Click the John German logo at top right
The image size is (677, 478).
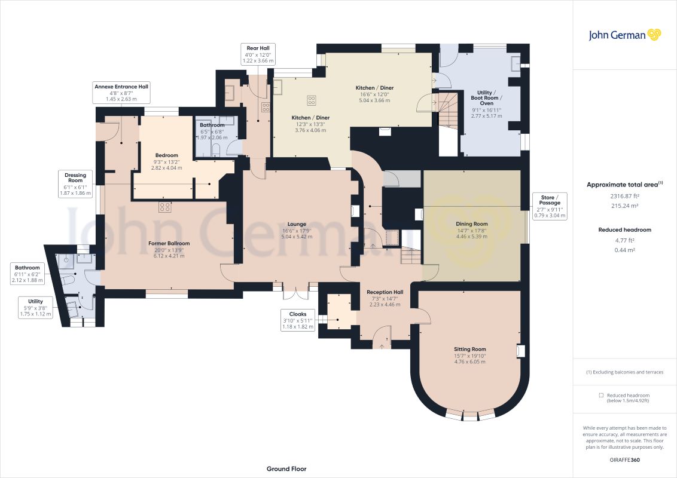pyautogui.click(x=625, y=35)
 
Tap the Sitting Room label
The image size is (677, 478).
pyautogui.click(x=469, y=355)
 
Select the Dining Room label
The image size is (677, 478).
pyautogui.click(x=471, y=230)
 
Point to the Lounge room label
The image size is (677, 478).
pyautogui.click(x=297, y=231)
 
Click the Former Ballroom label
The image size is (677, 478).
pyautogui.click(x=169, y=249)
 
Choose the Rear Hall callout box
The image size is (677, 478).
pyautogui.click(x=258, y=54)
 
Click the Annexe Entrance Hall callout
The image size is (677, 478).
pyautogui.click(x=121, y=93)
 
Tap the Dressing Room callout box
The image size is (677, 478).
pyautogui.click(x=75, y=184)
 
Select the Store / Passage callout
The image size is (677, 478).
pyautogui.click(x=550, y=206)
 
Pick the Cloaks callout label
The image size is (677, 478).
pyautogui.click(x=297, y=320)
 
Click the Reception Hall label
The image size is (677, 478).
pyautogui.click(x=385, y=298)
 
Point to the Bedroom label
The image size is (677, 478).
pyautogui.click(x=167, y=161)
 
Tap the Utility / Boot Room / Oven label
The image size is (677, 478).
pyautogui.click(x=487, y=104)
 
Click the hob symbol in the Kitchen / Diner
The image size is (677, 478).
pyautogui.click(x=312, y=100)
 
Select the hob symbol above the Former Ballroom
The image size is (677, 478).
pyautogui.click(x=164, y=207)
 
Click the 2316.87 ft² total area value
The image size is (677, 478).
pyautogui.click(x=624, y=196)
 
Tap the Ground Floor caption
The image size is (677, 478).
pyautogui.click(x=286, y=469)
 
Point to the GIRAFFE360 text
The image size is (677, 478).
pyautogui.click(x=625, y=460)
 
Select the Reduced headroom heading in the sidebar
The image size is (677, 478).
pyautogui.click(x=624, y=230)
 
